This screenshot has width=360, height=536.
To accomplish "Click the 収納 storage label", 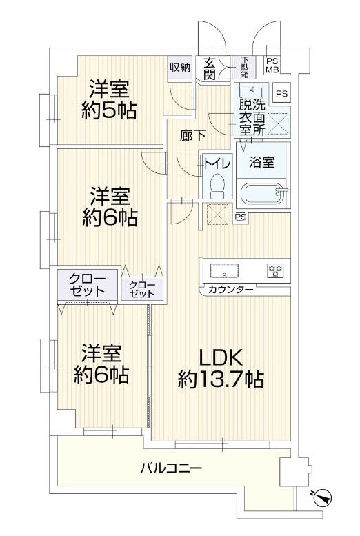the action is coord(180,68).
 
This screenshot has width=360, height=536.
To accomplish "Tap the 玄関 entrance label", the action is coord(209,68).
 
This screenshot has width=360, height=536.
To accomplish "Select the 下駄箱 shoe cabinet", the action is coord(245,67).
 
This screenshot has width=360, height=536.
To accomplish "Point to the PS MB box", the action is coord(272,66).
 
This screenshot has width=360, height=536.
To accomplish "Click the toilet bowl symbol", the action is coord(217,186).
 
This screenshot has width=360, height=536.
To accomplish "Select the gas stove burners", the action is coord(275,270).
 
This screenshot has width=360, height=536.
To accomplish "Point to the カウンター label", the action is coord(231,290).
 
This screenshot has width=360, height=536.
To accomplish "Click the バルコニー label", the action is coord(171,467).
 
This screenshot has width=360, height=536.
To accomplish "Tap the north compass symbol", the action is coord(322,497).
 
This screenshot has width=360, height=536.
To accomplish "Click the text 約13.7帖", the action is coord(221,379).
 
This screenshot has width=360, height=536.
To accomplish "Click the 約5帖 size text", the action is coord(109,110).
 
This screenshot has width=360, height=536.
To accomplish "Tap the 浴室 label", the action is coord(262,162).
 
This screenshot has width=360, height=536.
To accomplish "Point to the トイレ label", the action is coord(217,164).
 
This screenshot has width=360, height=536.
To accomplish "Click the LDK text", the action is coord(221,357).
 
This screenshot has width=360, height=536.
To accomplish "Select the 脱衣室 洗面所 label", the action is coord(252,117).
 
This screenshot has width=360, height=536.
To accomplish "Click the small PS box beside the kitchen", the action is coord(241,217).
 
